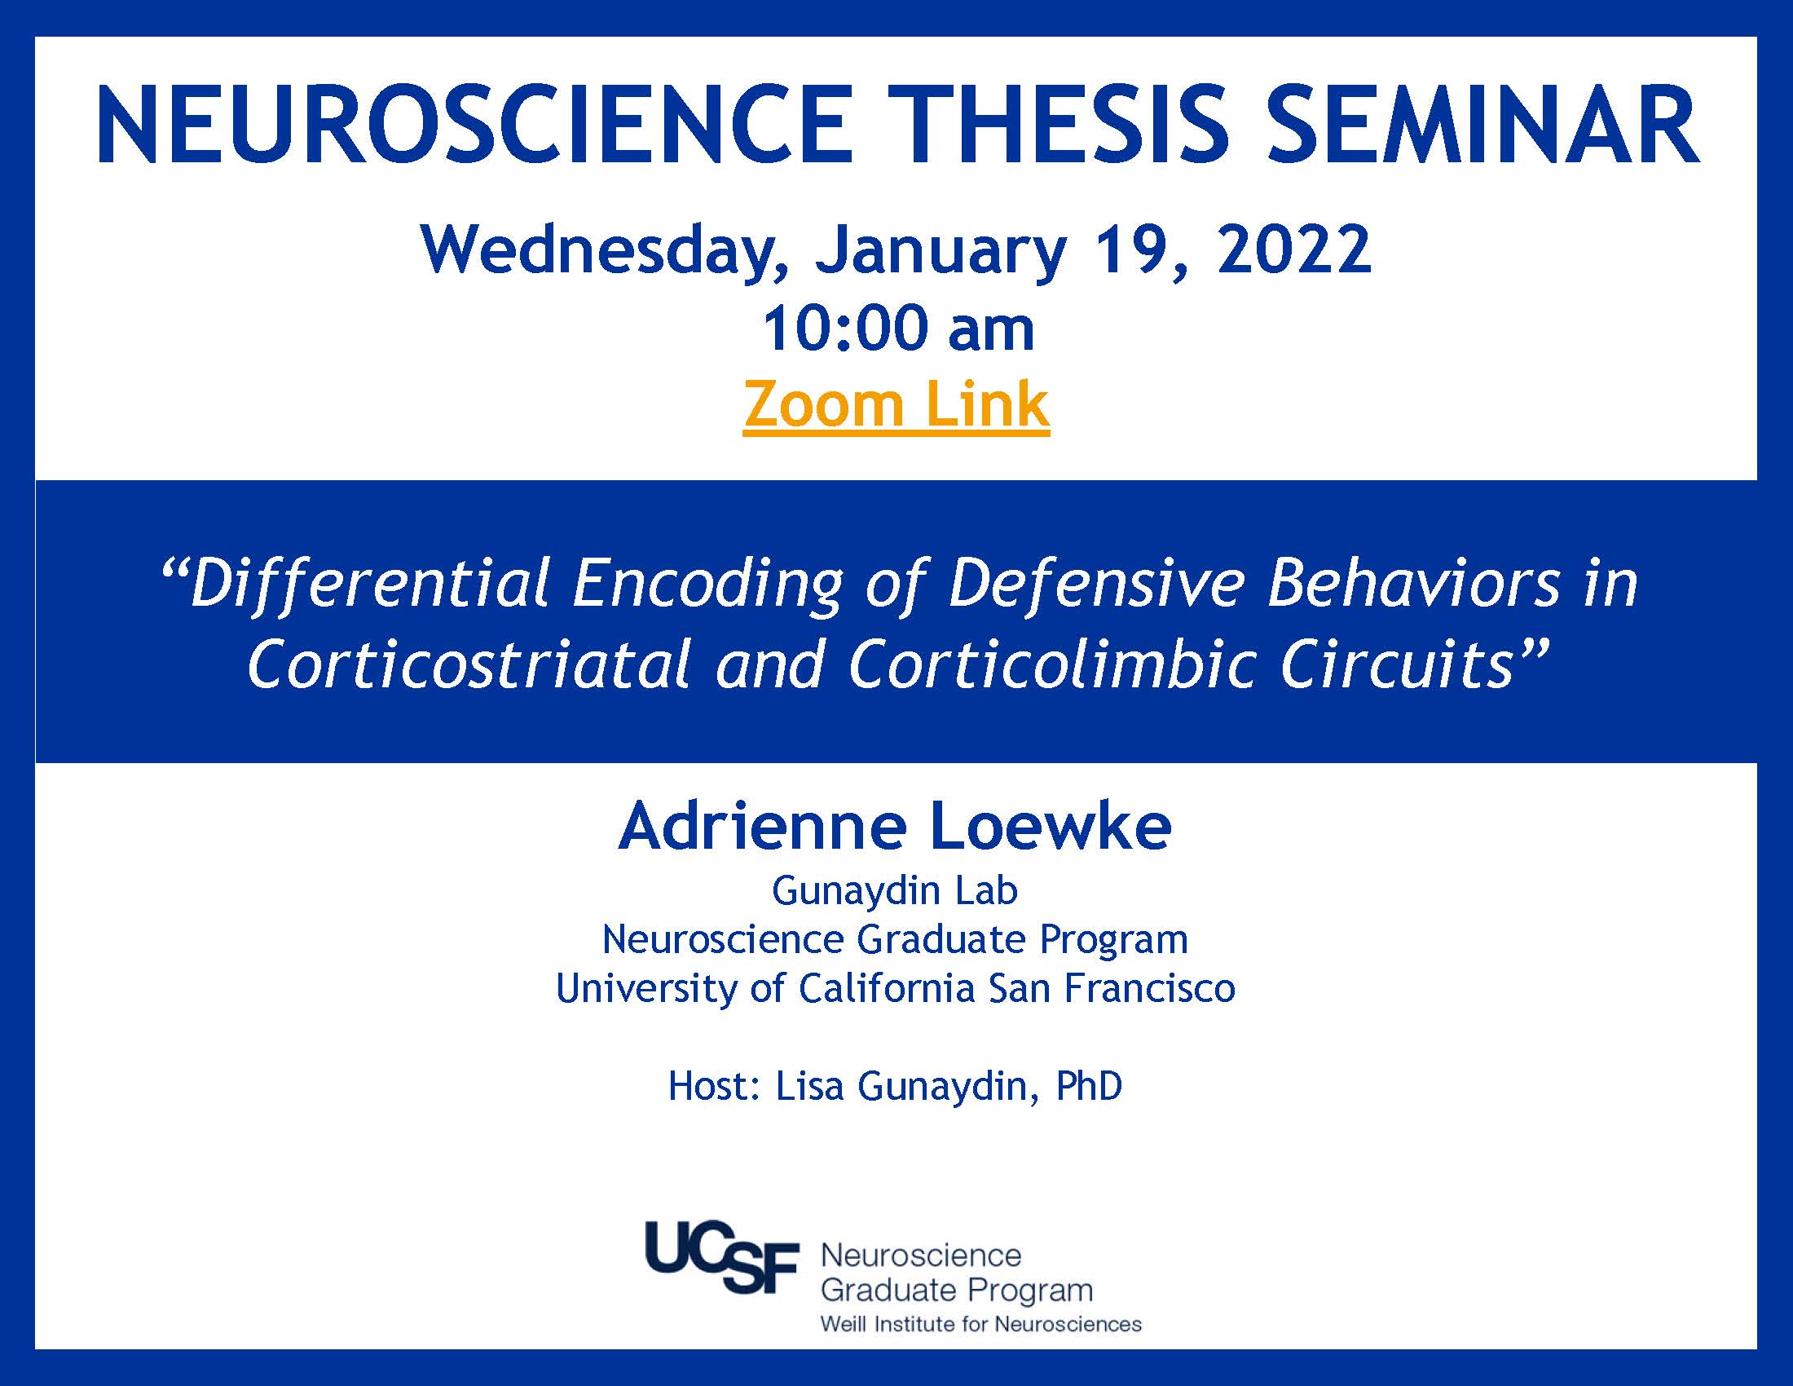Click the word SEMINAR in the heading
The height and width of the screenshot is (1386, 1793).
click(x=1483, y=125)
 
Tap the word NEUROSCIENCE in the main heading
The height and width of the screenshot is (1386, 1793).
click(x=472, y=125)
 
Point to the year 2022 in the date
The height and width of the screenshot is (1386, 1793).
click(x=1294, y=249)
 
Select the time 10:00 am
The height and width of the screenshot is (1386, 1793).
click(x=898, y=329)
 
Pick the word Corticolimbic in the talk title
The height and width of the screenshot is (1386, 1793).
click(x=1051, y=664)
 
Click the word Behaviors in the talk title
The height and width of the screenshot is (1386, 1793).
click(x=1412, y=584)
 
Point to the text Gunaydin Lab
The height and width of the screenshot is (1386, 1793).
click(x=895, y=892)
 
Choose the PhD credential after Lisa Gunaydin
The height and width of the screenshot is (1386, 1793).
click(x=1089, y=1086)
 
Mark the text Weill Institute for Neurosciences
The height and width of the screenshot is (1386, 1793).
click(x=981, y=1324)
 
